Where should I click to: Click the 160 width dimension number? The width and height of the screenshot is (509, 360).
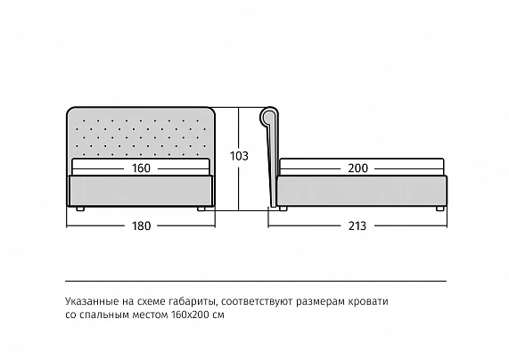pos(141,168)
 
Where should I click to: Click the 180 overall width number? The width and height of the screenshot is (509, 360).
pos(141,225)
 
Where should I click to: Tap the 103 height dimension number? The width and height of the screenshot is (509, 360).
pos(239,156)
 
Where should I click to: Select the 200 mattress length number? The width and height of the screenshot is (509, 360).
pos(358,168)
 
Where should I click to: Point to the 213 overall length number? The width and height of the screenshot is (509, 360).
pos(357,225)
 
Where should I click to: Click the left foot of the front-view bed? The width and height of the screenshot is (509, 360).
pos(80,209)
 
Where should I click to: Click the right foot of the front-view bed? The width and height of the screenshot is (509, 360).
pos(201,209)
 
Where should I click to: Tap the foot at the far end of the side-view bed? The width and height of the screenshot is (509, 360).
pos(440,209)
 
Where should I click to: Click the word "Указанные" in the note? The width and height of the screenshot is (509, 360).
pos(92,301)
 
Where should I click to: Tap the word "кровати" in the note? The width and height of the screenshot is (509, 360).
pos(368,302)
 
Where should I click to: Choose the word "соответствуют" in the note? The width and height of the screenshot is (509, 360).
pos(257,302)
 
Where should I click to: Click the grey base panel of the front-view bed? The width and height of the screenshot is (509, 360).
pos(140,191)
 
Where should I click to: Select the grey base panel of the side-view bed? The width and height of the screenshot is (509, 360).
pos(362,191)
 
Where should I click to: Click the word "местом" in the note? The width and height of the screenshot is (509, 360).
pos(151,315)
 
